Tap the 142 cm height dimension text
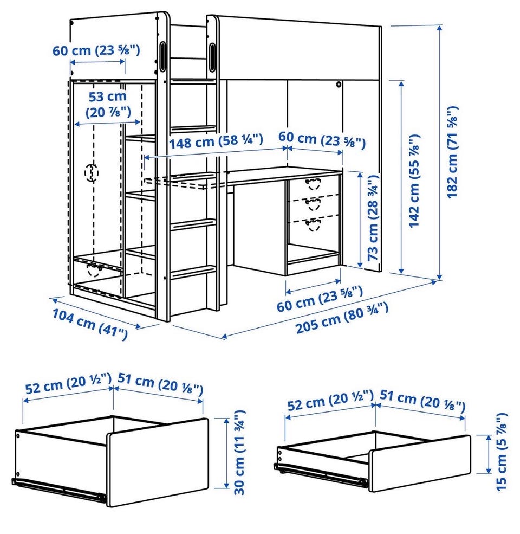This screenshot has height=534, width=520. [414, 181]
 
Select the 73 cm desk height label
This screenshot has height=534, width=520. [373, 217]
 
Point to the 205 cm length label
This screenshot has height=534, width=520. [342, 318]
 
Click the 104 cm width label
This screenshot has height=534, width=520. [90, 324]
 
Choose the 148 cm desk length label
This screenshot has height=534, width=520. [216, 141]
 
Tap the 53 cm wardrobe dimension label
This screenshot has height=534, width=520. [108, 104]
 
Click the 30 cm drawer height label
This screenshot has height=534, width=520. [239, 452]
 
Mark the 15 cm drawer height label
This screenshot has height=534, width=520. [501, 452]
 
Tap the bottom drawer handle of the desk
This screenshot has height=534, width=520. [313, 225]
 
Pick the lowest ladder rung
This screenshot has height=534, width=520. [193, 273]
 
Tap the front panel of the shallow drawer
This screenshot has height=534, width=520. [420, 463]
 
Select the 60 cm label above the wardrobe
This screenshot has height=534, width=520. [96, 50]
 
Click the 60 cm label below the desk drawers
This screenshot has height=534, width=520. [319, 299]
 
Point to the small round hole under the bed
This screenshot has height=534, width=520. [339, 84]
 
